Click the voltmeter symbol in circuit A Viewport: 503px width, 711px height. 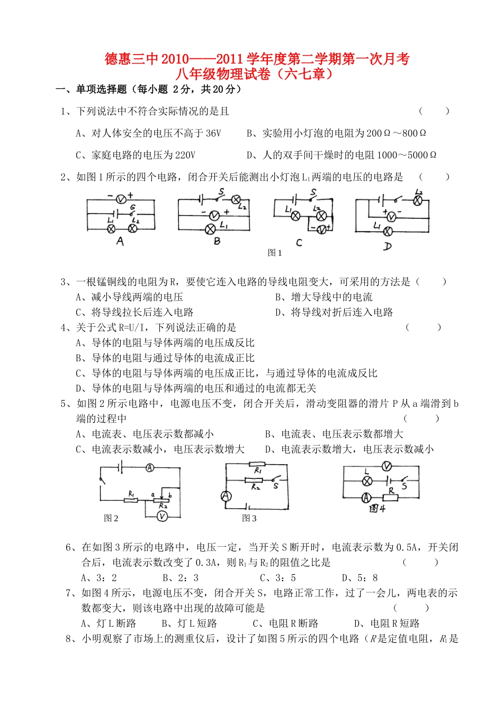[x=121, y=199]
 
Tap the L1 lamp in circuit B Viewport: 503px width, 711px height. [x=210, y=229]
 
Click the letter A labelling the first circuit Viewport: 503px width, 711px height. [x=120, y=242]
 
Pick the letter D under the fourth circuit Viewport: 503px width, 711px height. [x=388, y=246]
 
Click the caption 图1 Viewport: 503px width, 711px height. [x=275, y=253]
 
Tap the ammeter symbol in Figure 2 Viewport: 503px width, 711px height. [x=150, y=468]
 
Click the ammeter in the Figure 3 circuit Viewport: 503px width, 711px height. [x=226, y=496]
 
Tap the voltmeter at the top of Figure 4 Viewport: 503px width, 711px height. [x=387, y=466]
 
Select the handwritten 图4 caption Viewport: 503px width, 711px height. [x=377, y=509]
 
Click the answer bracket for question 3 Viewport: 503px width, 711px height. [x=430, y=282]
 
